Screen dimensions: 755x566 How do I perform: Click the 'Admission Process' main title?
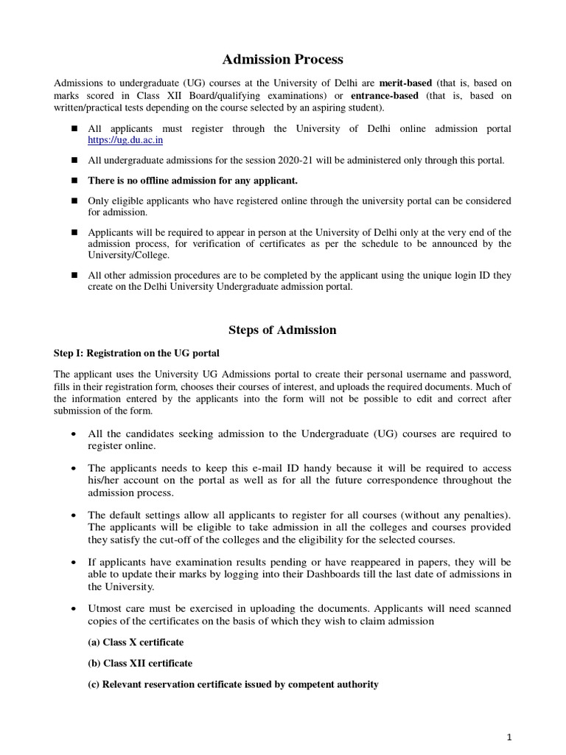[x=283, y=59]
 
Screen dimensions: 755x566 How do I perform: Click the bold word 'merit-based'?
[x=405, y=83]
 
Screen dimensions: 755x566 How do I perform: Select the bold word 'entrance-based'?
[x=384, y=96]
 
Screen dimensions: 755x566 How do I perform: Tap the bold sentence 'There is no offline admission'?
[x=193, y=180]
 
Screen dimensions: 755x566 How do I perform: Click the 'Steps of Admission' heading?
[x=283, y=330]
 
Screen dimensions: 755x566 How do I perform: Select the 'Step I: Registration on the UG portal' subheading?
[x=136, y=352]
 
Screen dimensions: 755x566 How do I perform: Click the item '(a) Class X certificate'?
[x=136, y=642]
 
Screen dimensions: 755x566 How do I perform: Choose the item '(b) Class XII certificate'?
[x=140, y=663]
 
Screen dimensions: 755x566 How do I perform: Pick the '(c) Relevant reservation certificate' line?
[x=233, y=684]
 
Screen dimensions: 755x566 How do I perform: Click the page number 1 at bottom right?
[x=509, y=737]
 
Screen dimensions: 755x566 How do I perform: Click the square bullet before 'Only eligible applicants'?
[x=75, y=201]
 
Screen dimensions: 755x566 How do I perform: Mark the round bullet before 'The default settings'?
[x=75, y=514]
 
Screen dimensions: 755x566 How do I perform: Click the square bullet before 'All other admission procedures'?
[x=75, y=275]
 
